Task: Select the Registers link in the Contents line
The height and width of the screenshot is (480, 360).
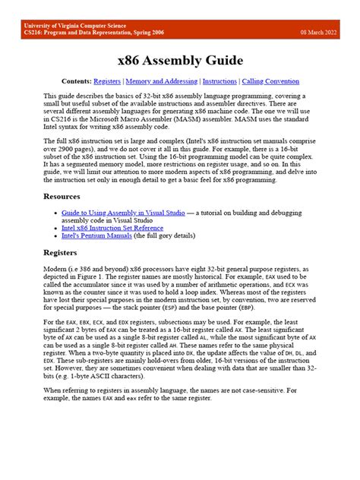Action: tap(108, 81)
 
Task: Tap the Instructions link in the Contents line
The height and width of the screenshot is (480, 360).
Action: tap(219, 81)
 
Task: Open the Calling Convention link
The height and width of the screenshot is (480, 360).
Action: tap(271, 81)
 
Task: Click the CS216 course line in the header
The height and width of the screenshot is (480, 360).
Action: tap(92, 33)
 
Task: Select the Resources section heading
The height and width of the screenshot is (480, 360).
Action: tap(62, 196)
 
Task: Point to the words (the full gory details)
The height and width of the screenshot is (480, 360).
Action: tap(170, 235)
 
